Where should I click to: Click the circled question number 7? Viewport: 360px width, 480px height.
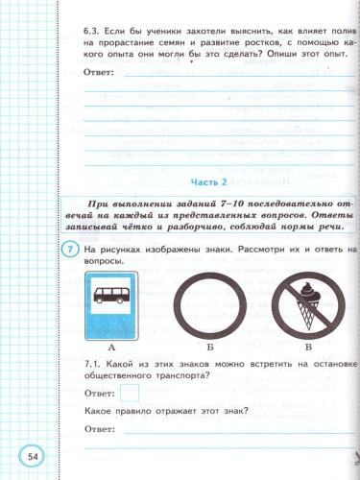coord(70,251)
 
